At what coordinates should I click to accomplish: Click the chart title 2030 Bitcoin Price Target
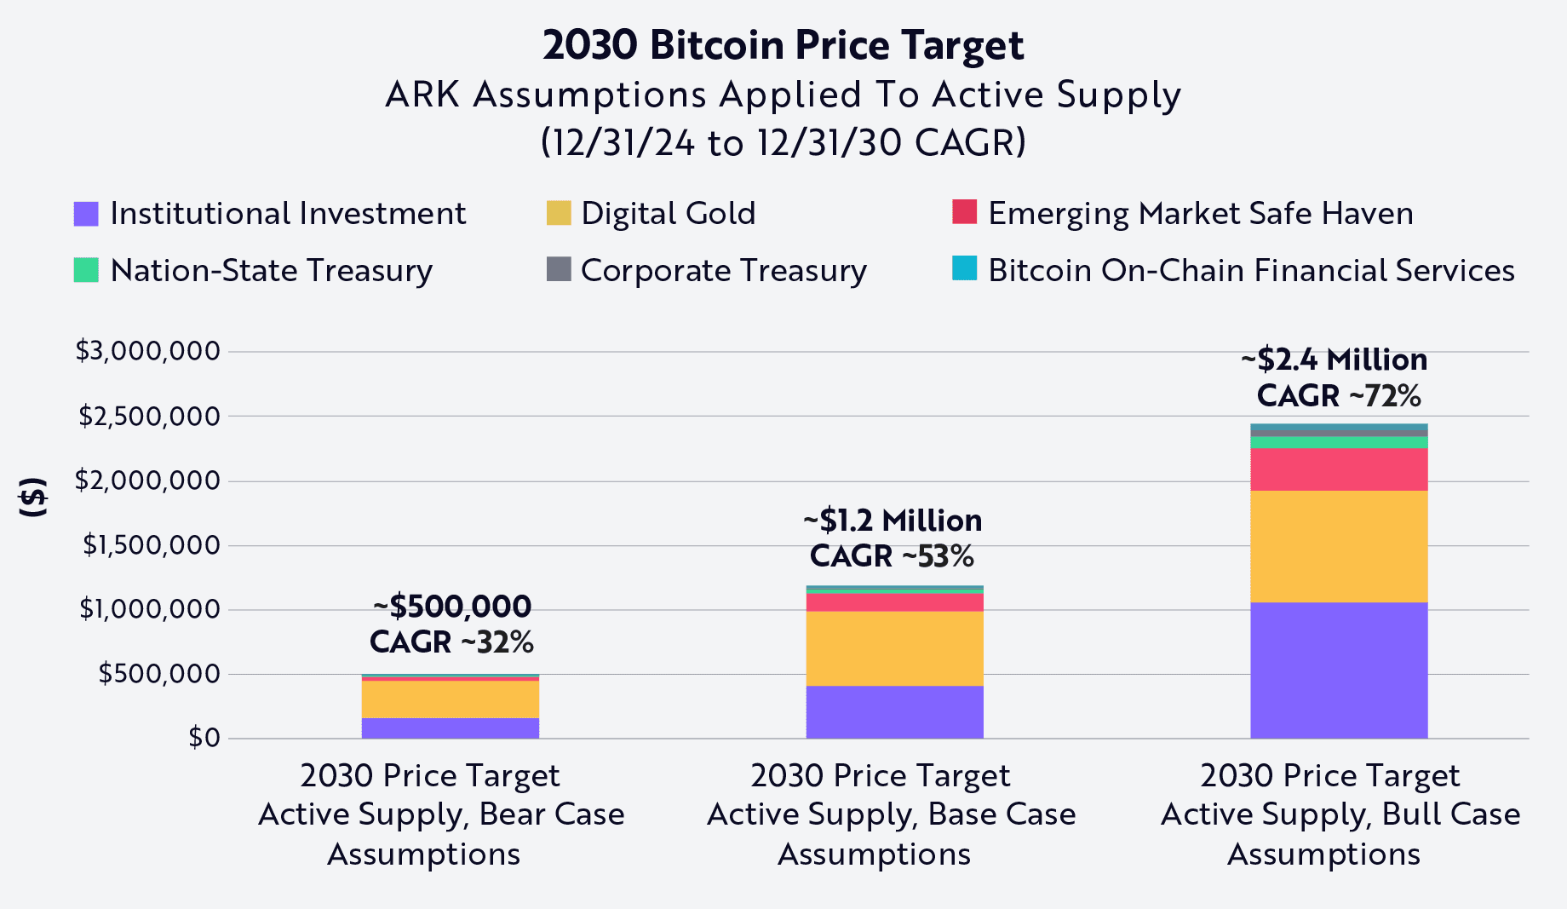783,45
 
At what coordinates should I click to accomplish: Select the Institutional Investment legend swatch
86,214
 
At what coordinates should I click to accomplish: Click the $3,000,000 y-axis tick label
147,351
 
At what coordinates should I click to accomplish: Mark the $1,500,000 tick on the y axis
151,545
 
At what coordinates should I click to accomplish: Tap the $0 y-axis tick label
204,738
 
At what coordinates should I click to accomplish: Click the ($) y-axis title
33,498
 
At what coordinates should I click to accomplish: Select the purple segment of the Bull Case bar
1339,670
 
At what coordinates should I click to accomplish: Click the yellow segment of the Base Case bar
894,648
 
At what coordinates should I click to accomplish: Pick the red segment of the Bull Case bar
1339,469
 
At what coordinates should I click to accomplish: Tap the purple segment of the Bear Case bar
450,728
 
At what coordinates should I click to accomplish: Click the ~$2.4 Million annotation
1335,360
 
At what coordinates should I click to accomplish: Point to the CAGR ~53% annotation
892,556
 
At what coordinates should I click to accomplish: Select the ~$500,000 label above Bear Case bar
452,607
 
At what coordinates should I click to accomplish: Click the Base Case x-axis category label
890,814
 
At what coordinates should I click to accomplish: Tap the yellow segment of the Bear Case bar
450,699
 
